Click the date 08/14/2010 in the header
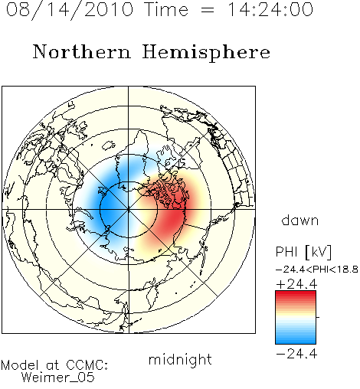coord(70,10)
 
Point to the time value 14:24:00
coord(270,9)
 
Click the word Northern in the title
coord(82,51)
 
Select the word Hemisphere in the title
coord(206,52)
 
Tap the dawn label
coord(299,220)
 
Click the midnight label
coord(180,359)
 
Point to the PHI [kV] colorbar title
coord(303,252)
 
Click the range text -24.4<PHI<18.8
coord(317,270)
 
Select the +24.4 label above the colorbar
coord(296,284)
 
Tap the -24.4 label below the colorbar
coord(296,354)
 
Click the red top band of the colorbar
coord(296,294)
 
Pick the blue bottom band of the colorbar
coord(296,340)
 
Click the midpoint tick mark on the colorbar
coord(318,317)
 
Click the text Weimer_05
coord(58,377)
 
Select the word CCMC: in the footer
coord(87,365)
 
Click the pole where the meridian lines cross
coord(129,209)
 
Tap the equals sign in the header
coord(208,10)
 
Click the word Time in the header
coord(166,9)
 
